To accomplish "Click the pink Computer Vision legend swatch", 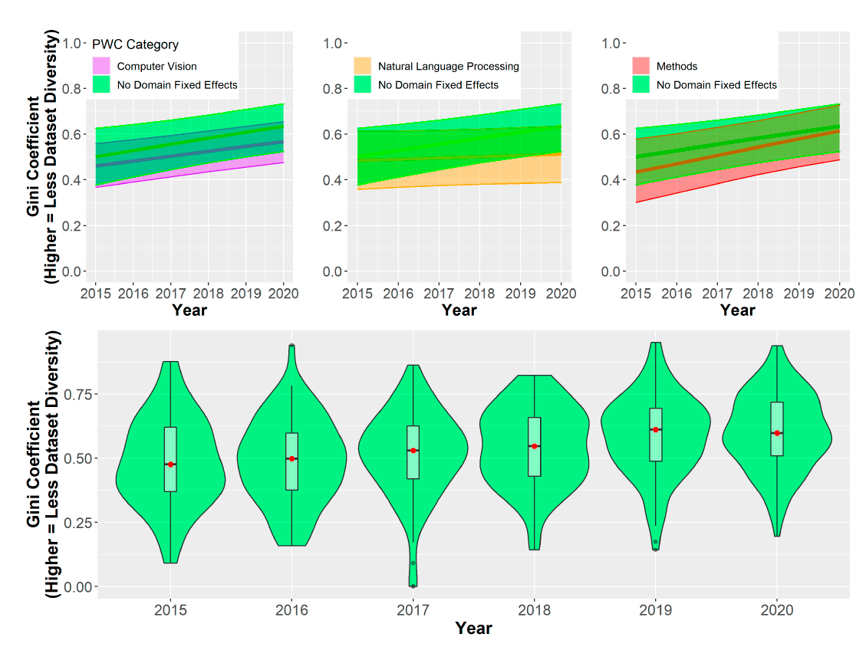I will [x=101, y=66].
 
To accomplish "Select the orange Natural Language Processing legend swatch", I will [x=363, y=66].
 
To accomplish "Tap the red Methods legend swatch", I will [x=641, y=66].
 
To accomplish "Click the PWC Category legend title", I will [x=135, y=44].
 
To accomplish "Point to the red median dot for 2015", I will [x=170, y=465].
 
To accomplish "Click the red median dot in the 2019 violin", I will [x=656, y=429].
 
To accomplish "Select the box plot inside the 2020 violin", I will [x=777, y=428].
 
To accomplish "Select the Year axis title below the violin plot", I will [x=473, y=629].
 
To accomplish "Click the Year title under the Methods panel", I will [x=737, y=310].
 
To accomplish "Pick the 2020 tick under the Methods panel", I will [x=840, y=293].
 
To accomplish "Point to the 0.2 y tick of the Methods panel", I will [x=611, y=226].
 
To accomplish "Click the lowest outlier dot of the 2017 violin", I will [x=413, y=586].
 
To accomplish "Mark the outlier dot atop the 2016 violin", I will [x=291, y=346].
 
